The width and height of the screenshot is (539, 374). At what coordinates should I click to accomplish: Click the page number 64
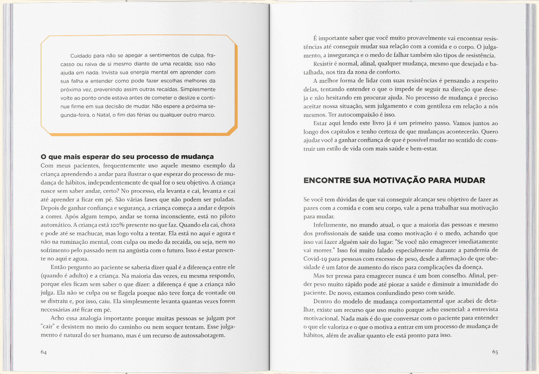coord(43,352)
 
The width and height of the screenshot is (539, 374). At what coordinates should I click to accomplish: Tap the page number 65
coord(495,352)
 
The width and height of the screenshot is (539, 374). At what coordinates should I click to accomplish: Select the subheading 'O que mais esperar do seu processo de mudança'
coord(127,157)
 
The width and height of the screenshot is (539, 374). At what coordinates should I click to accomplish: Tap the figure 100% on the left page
coord(118,225)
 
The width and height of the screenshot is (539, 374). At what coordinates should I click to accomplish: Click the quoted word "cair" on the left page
coord(47,327)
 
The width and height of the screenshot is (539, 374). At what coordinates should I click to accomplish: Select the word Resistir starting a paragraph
coord(323,64)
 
